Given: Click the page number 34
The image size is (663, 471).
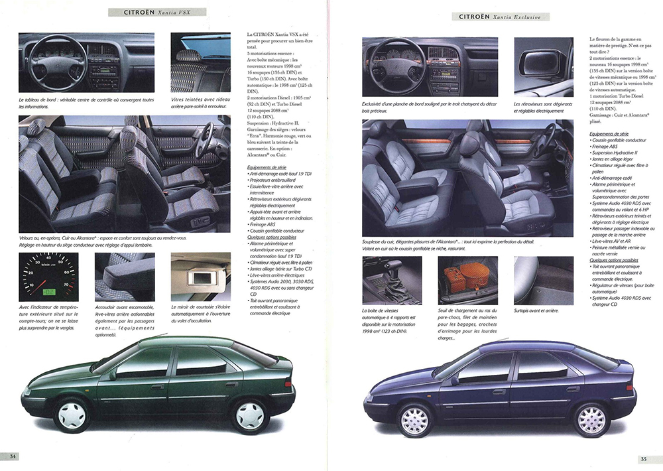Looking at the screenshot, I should [x=13, y=456].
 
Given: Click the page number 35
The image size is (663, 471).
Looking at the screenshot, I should [x=643, y=458].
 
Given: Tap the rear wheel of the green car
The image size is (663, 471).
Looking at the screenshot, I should [x=249, y=415].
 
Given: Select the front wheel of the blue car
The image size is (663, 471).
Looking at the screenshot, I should [x=415, y=419].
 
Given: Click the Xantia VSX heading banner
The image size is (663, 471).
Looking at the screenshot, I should [x=159, y=12].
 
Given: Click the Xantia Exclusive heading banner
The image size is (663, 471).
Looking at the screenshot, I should [x=503, y=17].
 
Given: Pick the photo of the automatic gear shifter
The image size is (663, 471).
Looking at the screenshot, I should [x=391, y=280].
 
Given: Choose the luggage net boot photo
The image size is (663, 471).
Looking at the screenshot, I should [x=467, y=280].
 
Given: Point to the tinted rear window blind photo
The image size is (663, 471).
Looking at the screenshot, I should [x=200, y=62].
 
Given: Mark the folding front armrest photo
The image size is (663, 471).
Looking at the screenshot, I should [x=125, y=277].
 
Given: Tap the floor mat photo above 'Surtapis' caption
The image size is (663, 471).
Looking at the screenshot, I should [x=543, y=280].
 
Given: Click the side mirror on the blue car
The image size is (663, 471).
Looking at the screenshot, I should [x=454, y=380].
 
